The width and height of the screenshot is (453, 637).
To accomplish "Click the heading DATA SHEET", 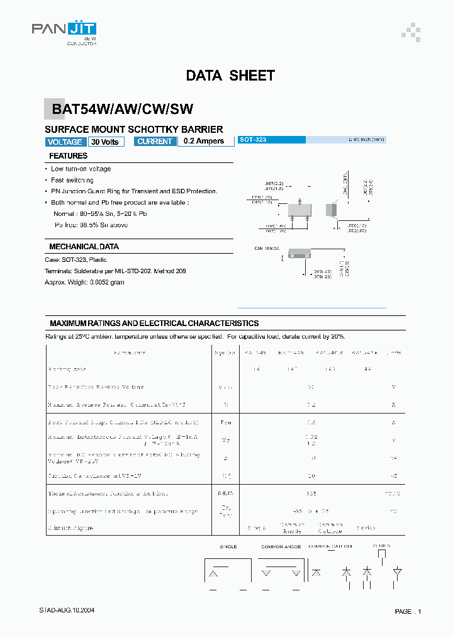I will (230, 76).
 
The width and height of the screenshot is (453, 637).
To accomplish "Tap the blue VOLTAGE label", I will (65, 142).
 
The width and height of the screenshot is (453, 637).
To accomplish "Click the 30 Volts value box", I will (104, 142).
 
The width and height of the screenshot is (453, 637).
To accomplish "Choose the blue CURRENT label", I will (154, 142).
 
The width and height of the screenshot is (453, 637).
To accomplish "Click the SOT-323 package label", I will (253, 139).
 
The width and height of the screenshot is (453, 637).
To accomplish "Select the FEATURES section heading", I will (68, 156).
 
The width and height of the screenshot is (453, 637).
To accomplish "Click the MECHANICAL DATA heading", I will (84, 247).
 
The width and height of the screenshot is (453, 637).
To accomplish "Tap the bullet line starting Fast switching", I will (72, 180).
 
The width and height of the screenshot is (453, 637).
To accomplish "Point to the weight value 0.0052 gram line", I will (84, 282).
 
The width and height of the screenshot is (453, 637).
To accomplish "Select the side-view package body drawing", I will (331, 210).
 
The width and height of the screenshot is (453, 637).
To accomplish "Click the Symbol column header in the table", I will (224, 353).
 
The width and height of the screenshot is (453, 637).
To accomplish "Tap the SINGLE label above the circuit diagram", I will (228, 547).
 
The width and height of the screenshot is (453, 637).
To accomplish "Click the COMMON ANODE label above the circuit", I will (281, 547).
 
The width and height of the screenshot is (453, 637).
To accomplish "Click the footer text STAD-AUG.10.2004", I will (67, 611).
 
